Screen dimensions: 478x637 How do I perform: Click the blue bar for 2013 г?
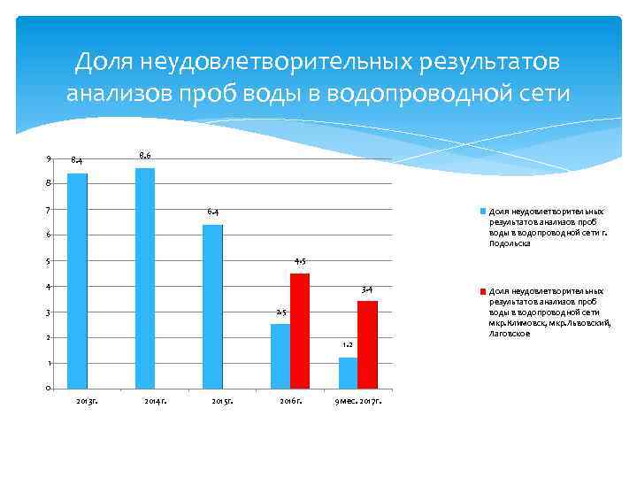tap(78, 281)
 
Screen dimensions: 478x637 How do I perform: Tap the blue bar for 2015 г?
tap(212, 306)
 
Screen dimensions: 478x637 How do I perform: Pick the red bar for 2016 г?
tap(300, 331)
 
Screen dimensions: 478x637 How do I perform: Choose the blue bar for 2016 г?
tap(280, 356)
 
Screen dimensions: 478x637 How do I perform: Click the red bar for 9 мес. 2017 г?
tap(367, 344)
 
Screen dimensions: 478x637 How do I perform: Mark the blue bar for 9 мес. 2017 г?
tap(348, 373)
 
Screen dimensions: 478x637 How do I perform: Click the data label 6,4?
tap(213, 212)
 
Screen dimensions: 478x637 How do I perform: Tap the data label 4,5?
tap(300, 262)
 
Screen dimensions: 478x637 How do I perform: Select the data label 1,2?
tap(348, 344)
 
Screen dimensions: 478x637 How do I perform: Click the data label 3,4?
tap(366, 289)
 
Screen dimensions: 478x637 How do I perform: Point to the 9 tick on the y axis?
tap(49, 158)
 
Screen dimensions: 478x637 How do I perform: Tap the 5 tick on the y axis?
tap(49, 261)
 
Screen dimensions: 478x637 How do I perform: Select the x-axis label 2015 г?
tap(222, 404)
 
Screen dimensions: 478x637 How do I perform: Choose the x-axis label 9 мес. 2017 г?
tap(358, 404)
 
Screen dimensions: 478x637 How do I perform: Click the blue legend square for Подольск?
tap(483, 212)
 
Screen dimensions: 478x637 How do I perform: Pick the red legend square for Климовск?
tap(483, 290)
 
